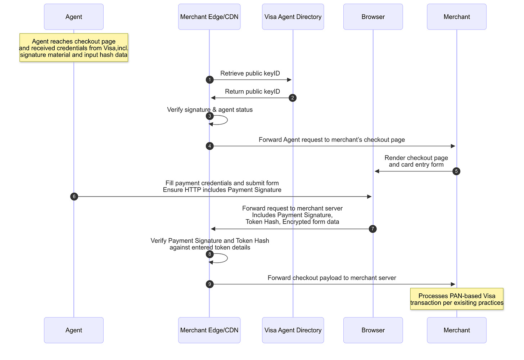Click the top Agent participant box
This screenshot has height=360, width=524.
74,17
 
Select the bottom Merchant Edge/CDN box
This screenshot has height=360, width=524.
209,330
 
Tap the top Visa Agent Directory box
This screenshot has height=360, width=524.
293,17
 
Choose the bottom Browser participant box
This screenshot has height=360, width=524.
373,330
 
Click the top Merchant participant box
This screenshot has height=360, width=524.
457,17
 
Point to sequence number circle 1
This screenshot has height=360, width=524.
209,80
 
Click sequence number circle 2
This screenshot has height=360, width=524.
293,98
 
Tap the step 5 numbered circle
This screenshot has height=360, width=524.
456,171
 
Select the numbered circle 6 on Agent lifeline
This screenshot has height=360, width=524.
74,197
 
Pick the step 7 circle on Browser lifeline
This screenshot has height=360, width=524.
373,229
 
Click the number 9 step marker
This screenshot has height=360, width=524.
209,284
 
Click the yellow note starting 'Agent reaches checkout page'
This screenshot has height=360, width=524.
74,48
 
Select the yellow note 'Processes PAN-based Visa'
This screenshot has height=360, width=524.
457,299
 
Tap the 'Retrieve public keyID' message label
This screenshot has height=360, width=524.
250,73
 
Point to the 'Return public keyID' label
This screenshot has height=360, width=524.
252,91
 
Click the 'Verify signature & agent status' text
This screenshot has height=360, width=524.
210,110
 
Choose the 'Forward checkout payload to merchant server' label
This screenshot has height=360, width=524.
332,278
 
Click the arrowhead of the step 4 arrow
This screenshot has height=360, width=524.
453,146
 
